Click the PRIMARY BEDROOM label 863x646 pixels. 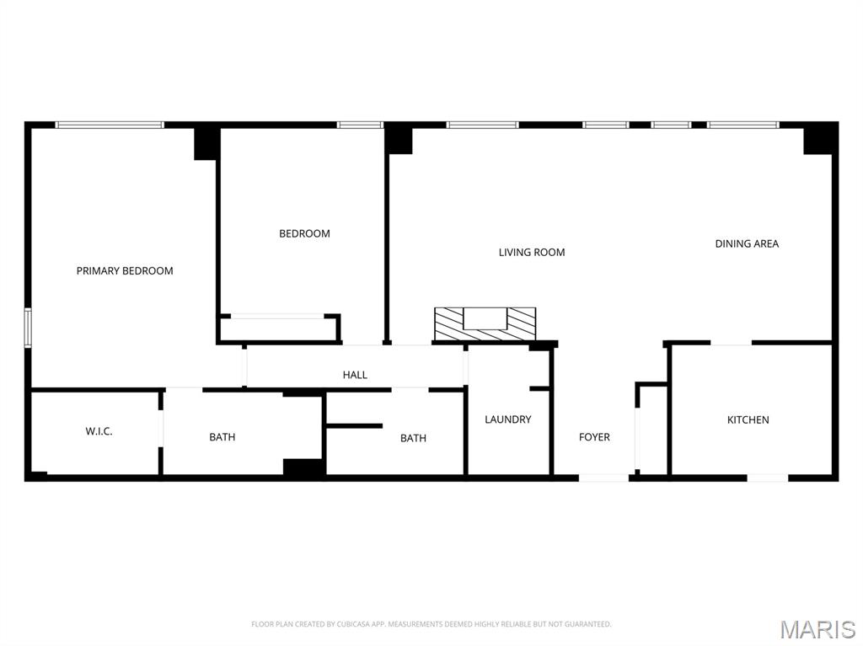click(x=125, y=271)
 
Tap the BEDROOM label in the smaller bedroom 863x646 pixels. click(x=304, y=233)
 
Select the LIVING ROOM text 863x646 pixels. click(x=532, y=252)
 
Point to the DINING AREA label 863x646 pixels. click(x=747, y=243)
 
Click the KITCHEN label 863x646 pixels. click(x=748, y=419)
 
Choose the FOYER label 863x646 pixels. click(x=594, y=437)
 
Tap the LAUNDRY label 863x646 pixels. click(x=508, y=419)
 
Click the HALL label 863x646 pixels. click(x=355, y=375)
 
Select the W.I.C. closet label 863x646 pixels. click(x=99, y=431)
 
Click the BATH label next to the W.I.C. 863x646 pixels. click(x=222, y=437)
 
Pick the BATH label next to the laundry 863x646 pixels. click(x=413, y=438)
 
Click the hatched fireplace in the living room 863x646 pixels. click(x=485, y=324)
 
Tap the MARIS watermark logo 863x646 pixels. click(x=817, y=629)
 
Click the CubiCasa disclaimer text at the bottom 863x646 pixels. click(x=431, y=624)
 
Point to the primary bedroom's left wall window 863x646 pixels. click(x=28, y=328)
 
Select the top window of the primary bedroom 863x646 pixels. click(x=109, y=125)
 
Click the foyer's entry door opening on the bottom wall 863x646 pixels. click(x=603, y=478)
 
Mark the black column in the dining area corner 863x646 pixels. click(x=819, y=139)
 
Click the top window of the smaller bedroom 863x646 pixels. click(x=360, y=125)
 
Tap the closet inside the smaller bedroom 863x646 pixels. click(x=278, y=328)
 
